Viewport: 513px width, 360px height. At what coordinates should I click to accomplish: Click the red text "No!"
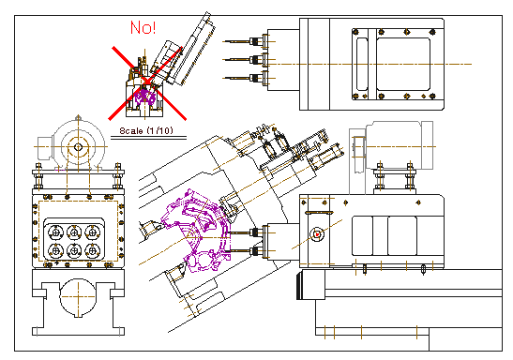click(143, 27)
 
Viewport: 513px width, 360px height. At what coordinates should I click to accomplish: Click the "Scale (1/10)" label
click(146, 131)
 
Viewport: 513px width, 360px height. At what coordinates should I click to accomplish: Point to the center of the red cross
click(147, 83)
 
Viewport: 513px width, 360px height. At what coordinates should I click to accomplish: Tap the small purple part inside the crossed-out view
click(145, 97)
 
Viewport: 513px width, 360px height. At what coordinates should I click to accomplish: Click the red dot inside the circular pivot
click(317, 234)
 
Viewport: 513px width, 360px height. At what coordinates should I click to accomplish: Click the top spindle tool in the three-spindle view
click(246, 41)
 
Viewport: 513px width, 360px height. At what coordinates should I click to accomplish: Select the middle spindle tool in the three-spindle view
click(246, 59)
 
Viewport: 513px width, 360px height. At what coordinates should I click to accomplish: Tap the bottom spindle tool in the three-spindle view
click(246, 78)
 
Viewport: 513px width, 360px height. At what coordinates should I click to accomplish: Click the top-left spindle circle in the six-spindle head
click(55, 232)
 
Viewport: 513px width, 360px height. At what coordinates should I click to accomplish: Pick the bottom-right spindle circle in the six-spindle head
click(93, 251)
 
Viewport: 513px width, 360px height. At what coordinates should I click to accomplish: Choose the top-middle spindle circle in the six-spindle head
click(74, 232)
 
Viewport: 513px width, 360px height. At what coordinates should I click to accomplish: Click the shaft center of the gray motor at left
click(78, 147)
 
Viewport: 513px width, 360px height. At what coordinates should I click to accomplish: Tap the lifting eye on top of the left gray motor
click(78, 117)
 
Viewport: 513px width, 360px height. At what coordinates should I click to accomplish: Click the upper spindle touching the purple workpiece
click(247, 232)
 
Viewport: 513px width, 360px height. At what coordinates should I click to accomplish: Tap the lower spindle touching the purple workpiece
click(247, 251)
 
